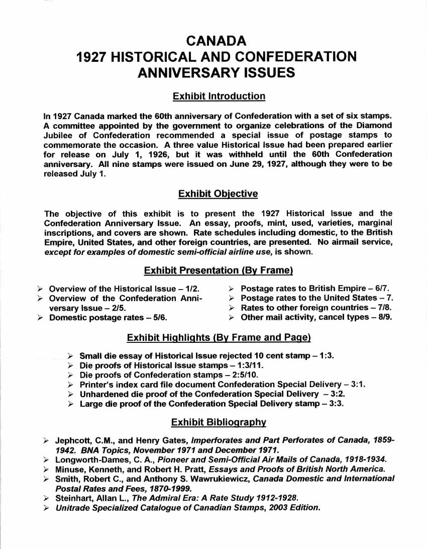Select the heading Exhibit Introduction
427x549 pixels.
(219, 96)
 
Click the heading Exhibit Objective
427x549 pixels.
(218, 194)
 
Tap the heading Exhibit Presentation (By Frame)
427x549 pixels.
(218, 270)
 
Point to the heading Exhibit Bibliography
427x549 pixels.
(218, 422)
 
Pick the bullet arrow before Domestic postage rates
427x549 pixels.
(40, 318)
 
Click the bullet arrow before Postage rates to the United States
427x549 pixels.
(232, 299)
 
